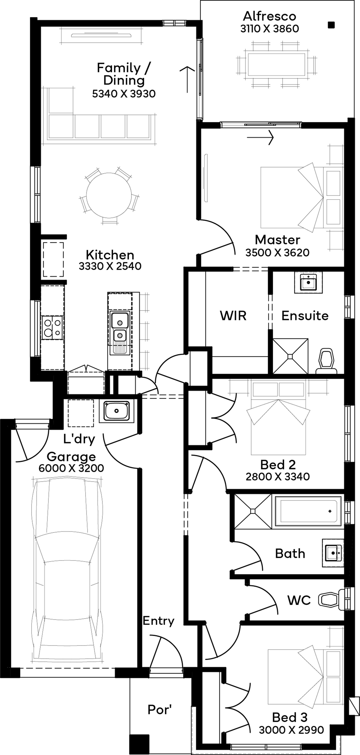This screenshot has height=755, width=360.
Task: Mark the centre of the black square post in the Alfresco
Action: coord(331,25)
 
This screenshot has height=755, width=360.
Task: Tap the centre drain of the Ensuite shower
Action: coord(290,356)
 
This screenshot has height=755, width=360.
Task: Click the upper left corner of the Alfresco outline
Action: coord(201,1)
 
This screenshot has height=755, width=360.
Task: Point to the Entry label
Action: coord(158,621)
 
